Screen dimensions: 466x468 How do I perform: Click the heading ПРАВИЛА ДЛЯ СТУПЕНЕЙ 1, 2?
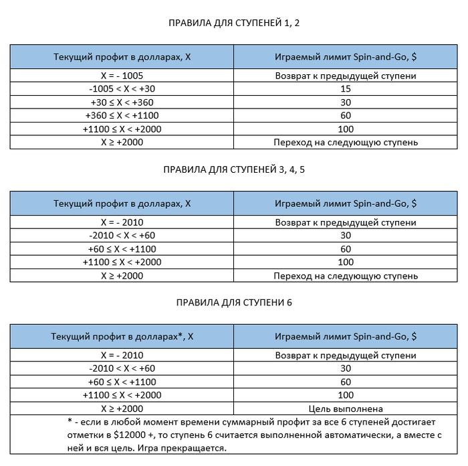coord(234,23)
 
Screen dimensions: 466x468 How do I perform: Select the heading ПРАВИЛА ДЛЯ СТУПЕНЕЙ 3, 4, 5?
coord(234,169)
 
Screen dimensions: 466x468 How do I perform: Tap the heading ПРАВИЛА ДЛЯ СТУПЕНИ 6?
coord(234,303)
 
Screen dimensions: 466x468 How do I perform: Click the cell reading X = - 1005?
coord(122,76)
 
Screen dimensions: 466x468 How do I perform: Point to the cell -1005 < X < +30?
coord(122,89)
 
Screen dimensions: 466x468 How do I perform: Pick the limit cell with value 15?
coord(346,89)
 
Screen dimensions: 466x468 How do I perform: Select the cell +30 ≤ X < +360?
coord(122,102)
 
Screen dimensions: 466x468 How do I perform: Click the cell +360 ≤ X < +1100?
coord(122,116)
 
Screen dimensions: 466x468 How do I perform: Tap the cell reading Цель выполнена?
coord(346,408)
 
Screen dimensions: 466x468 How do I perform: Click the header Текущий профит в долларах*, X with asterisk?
coord(122,336)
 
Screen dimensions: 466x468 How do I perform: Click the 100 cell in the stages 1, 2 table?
coord(346,129)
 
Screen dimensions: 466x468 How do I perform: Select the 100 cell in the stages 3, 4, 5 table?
coord(346,262)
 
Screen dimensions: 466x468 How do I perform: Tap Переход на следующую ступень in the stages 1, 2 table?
coord(346,143)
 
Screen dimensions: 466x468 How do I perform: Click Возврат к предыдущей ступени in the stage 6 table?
coord(346,355)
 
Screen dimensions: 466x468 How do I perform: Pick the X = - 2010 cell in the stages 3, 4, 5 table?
coord(122,222)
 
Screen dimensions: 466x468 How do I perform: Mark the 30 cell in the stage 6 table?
coord(346,368)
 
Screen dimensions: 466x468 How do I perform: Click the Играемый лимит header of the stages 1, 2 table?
coord(346,56)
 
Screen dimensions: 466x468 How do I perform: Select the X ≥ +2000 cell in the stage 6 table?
coord(122,408)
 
